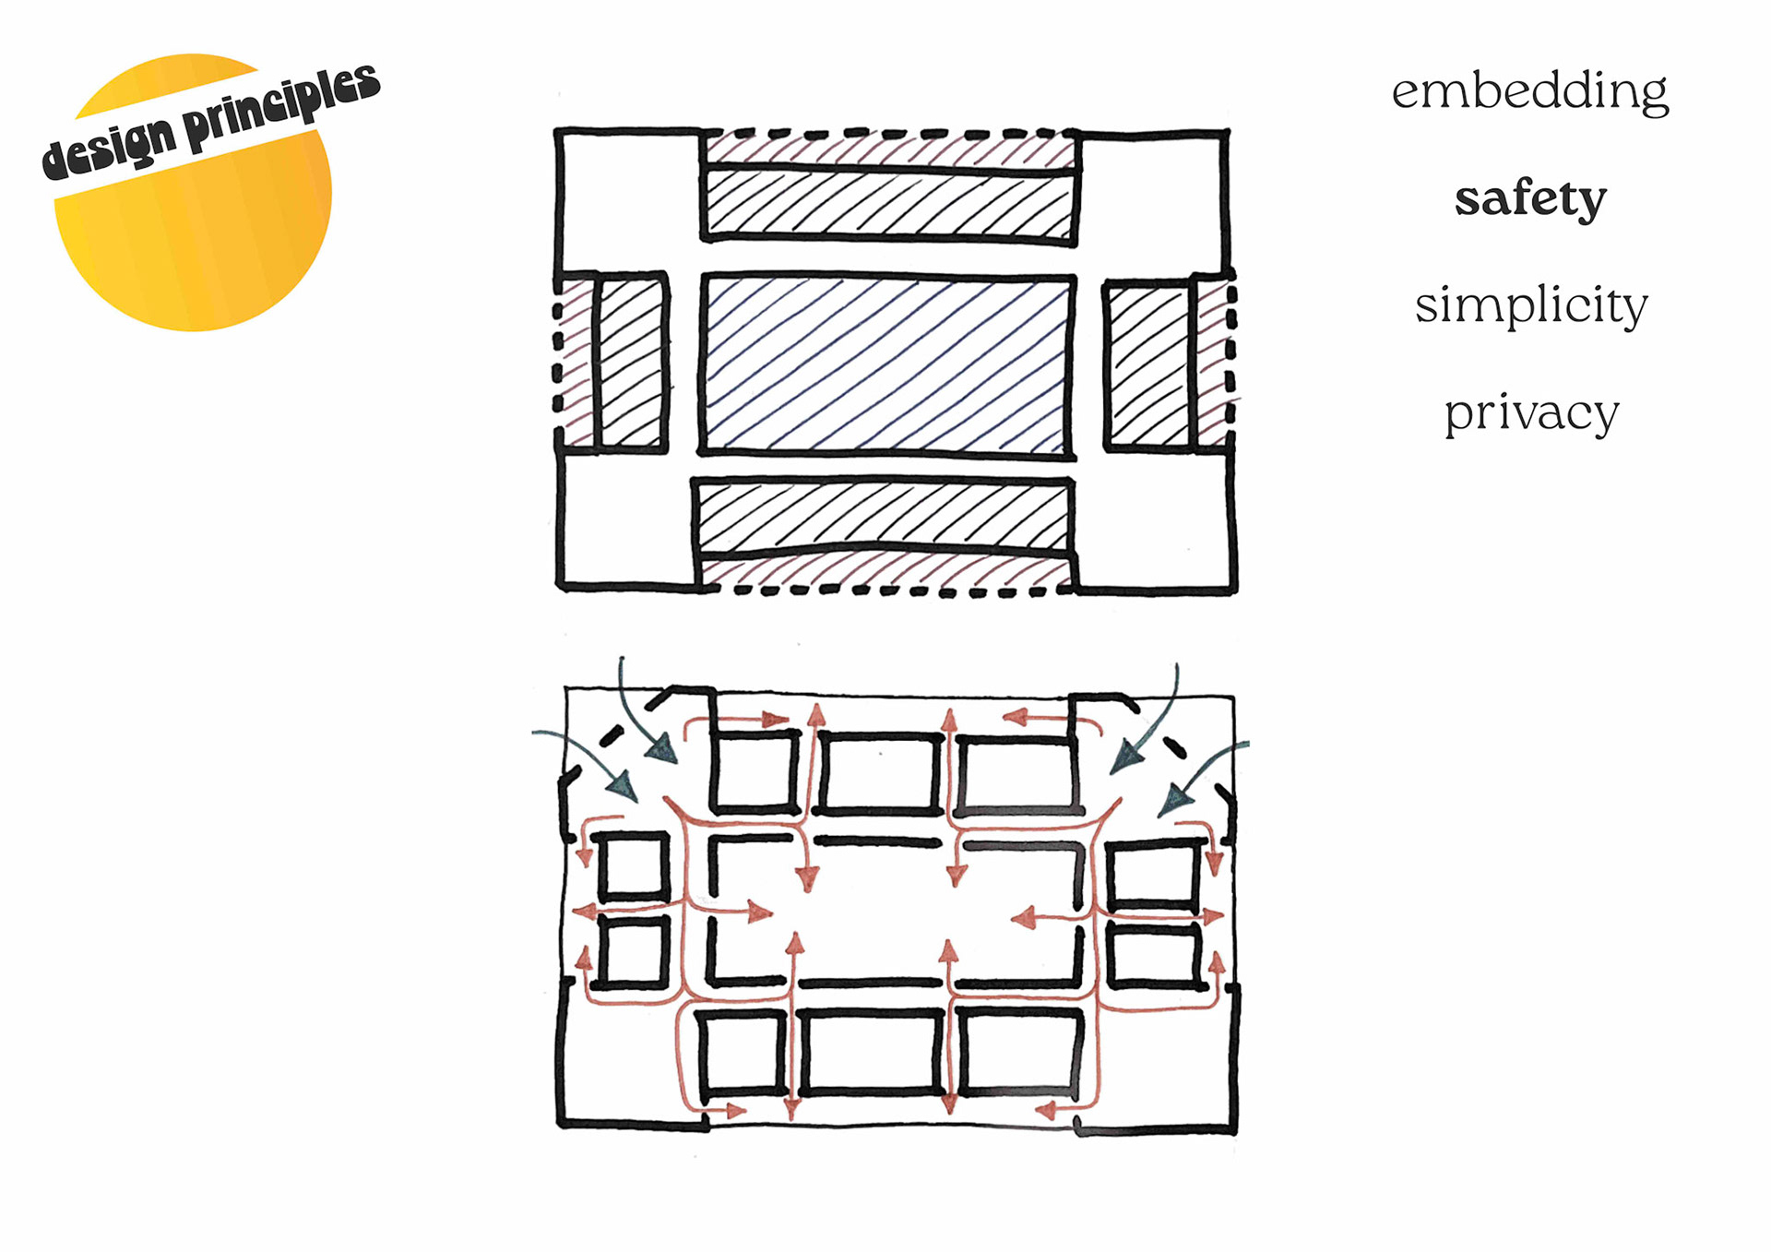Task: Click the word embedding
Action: point(1529,91)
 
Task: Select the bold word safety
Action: point(1530,198)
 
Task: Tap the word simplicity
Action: point(1531,305)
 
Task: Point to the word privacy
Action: point(1531,412)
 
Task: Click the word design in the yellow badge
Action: point(109,149)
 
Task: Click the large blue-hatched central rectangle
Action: point(887,364)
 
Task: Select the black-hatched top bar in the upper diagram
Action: point(890,203)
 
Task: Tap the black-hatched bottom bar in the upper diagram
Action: point(883,515)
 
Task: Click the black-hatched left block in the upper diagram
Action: point(632,362)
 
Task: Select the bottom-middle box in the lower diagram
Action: point(872,1052)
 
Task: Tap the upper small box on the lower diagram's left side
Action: point(635,866)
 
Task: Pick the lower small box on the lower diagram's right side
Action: point(1154,957)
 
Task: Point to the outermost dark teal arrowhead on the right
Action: point(1174,799)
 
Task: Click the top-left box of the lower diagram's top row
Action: point(755,771)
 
